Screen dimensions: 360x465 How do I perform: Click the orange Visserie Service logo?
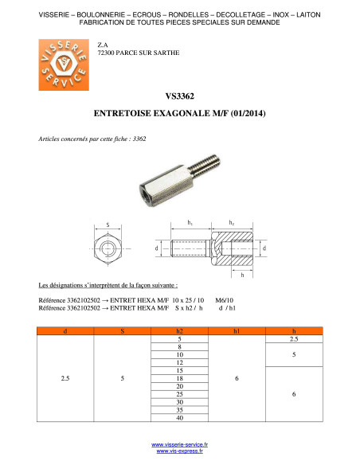coord(64,65)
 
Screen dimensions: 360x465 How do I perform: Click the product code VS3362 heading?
coord(180,96)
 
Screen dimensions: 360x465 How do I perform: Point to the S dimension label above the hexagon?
coord(108,225)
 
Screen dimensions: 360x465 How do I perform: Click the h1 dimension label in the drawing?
coord(190,223)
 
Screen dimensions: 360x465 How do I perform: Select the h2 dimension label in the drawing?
coord(232,223)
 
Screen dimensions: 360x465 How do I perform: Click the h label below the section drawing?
coord(242,275)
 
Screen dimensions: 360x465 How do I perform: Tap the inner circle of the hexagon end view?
coord(108,248)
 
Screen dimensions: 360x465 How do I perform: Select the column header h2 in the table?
coord(179,331)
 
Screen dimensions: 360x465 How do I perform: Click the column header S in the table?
coord(122,331)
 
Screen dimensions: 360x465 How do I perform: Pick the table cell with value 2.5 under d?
coord(65,378)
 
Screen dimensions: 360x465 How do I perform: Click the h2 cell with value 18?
coord(179,378)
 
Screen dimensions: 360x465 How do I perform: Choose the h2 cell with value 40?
coord(179,418)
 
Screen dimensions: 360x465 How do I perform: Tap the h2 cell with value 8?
coord(179,347)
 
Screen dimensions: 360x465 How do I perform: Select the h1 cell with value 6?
coord(237,378)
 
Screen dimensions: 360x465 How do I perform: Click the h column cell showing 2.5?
coord(294,339)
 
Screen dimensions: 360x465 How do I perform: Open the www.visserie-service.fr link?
coord(179,444)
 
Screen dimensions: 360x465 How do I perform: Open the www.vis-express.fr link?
coord(180,451)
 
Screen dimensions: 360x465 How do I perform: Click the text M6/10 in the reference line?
coord(224,300)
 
